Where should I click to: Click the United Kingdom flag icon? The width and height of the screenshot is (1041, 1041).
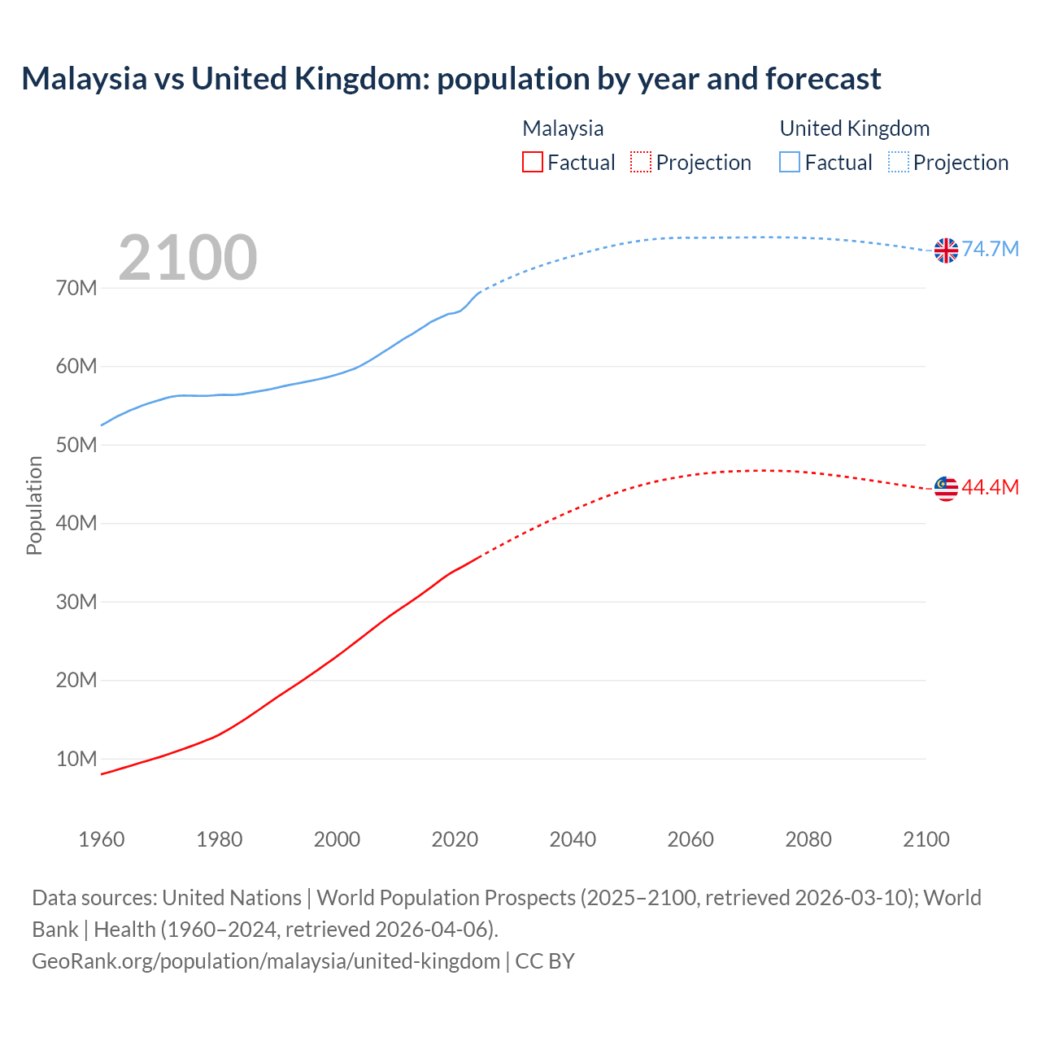click(946, 250)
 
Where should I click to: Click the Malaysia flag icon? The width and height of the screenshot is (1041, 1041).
click(946, 489)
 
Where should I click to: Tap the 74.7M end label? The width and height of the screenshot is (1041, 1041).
click(991, 249)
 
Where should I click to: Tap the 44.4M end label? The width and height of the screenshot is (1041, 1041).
click(991, 487)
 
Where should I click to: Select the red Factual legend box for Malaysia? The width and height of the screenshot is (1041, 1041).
click(532, 162)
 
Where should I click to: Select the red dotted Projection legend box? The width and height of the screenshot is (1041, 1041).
click(641, 162)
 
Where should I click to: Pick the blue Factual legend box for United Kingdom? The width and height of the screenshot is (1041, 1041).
click(790, 162)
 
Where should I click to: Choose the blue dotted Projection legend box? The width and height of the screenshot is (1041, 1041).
click(898, 162)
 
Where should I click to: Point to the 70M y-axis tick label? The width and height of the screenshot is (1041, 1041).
click(76, 288)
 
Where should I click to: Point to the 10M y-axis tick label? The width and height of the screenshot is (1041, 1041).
click(76, 759)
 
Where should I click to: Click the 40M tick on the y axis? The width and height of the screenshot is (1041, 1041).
click(76, 523)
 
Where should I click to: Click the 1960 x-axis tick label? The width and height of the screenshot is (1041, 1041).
click(102, 839)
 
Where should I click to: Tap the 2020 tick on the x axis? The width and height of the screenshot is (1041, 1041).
click(455, 839)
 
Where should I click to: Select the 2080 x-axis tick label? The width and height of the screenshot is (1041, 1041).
click(808, 839)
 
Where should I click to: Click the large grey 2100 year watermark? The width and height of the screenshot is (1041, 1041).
click(188, 258)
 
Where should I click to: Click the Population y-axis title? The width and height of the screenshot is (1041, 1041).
click(34, 505)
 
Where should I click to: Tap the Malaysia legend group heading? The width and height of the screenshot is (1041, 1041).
click(563, 128)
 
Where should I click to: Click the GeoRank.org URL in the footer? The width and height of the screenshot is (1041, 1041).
click(266, 961)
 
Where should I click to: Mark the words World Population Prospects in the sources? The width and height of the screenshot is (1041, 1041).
click(446, 898)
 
